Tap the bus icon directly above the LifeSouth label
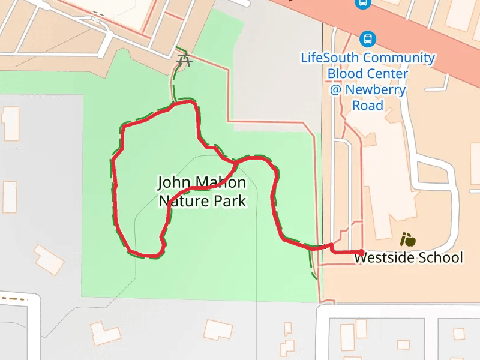click(367, 40)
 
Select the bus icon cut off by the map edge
click(362, 3)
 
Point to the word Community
click(399, 58)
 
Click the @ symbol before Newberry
click(336, 90)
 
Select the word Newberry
click(376, 90)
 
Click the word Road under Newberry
click(367, 106)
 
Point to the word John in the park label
click(171, 182)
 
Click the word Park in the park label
click(227, 200)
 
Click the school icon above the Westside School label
click(408, 240)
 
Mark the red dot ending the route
click(361, 253)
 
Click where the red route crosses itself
click(236, 161)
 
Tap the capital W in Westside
click(360, 257)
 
